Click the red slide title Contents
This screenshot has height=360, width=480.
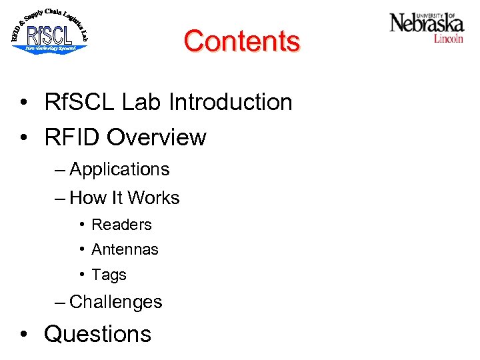click(241, 41)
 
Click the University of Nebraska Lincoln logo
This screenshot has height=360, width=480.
click(426, 27)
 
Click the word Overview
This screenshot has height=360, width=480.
click(157, 137)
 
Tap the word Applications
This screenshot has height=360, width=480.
click(119, 169)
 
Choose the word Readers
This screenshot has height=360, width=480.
click(121, 225)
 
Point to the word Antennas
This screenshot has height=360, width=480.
click(125, 249)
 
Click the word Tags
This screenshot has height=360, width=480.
click(109, 275)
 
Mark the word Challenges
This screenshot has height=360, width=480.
click(116, 302)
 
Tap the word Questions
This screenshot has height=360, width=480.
click(98, 333)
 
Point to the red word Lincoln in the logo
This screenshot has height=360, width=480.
click(448, 39)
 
